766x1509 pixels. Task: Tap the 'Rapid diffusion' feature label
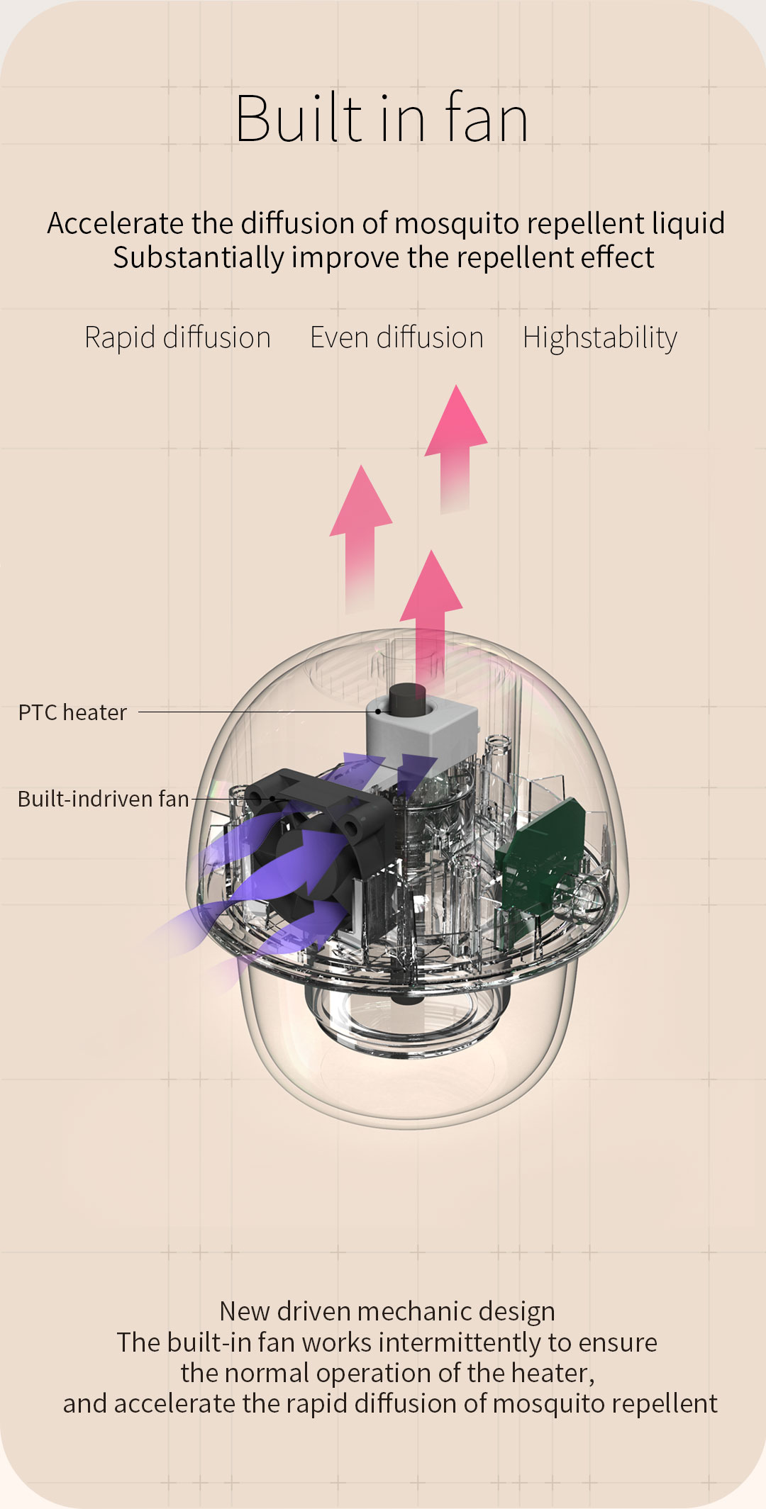(177, 338)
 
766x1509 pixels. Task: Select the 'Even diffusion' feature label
(396, 337)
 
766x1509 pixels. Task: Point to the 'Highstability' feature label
(600, 338)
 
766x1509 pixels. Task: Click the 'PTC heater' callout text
(72, 712)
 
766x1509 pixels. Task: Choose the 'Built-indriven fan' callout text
(104, 799)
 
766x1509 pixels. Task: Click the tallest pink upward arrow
(456, 448)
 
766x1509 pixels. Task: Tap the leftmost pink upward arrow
(361, 539)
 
